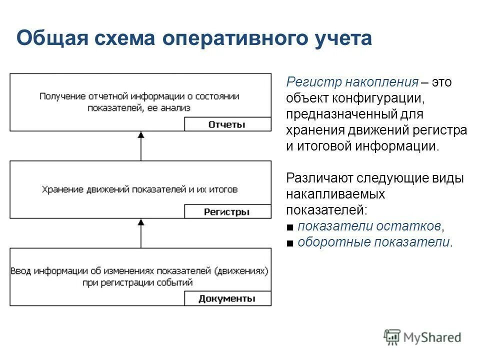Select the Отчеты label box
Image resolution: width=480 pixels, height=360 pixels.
pyautogui.click(x=227, y=124)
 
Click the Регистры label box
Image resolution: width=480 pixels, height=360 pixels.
pyautogui.click(x=227, y=211)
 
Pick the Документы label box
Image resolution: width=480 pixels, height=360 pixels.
pyautogui.click(x=227, y=299)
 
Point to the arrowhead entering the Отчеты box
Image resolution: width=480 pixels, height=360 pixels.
pyautogui.click(x=141, y=135)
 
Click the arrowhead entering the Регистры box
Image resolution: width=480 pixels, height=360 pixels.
pyautogui.click(x=141, y=222)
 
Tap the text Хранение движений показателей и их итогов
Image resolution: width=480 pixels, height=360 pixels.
pyautogui.click(x=140, y=189)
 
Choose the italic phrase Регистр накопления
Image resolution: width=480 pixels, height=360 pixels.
pyautogui.click(x=351, y=82)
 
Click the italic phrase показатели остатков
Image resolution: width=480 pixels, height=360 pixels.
pyautogui.click(x=369, y=226)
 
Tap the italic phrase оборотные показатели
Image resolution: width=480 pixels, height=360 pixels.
pyautogui.click(x=373, y=242)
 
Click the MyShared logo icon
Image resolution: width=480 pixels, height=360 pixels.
pyautogui.click(x=392, y=337)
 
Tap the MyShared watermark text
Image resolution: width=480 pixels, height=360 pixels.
pyautogui.click(x=432, y=337)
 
